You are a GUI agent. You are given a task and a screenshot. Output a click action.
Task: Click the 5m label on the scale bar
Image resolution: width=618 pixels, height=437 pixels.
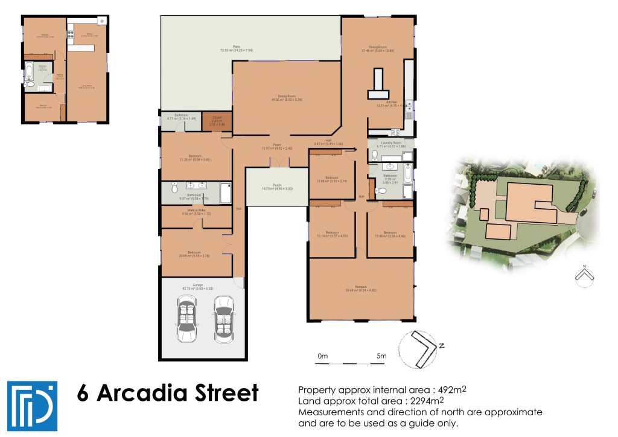pos(381,356)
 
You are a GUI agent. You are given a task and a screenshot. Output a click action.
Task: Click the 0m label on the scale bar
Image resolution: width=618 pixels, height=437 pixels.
pos(322,356)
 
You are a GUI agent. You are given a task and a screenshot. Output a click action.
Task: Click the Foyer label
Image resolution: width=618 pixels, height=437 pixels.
pos(277,145)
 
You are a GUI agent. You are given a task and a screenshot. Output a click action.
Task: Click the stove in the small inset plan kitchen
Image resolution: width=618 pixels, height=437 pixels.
pos(102,22)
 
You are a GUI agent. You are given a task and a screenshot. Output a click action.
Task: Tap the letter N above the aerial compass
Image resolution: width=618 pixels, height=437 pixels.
pos(584,266)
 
